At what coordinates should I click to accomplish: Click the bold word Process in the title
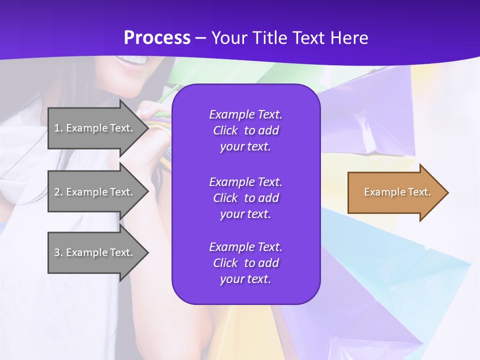[157, 38]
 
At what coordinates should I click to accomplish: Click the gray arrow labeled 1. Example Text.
[95, 128]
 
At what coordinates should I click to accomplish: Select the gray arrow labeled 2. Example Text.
[95, 192]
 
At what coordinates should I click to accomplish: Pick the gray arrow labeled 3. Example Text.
[95, 252]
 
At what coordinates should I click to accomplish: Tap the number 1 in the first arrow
[57, 128]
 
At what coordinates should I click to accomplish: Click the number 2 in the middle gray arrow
[57, 192]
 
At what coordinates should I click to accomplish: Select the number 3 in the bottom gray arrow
[57, 252]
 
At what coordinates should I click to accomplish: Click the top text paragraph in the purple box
[245, 130]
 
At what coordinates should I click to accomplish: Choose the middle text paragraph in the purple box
[245, 198]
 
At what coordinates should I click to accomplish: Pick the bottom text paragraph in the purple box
[245, 263]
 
